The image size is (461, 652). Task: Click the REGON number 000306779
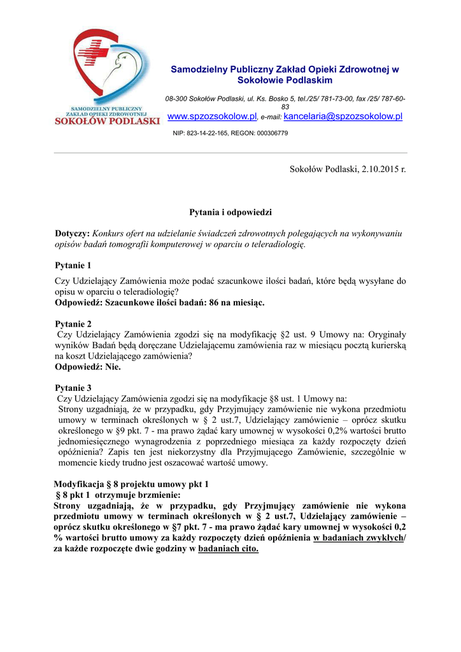[272, 133]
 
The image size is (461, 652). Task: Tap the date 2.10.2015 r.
[379, 169]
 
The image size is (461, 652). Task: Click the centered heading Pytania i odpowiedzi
[230, 211]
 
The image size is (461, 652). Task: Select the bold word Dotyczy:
[73, 234]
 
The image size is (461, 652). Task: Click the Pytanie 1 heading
[73, 266]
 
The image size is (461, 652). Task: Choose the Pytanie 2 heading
[73, 323]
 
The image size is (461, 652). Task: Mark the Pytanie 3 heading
[73, 387]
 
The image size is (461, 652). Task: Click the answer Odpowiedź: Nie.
[88, 367]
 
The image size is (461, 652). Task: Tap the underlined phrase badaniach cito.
[229, 549]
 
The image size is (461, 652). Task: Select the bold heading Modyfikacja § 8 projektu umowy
[131, 484]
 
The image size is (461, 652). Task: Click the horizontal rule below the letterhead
[230, 153]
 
